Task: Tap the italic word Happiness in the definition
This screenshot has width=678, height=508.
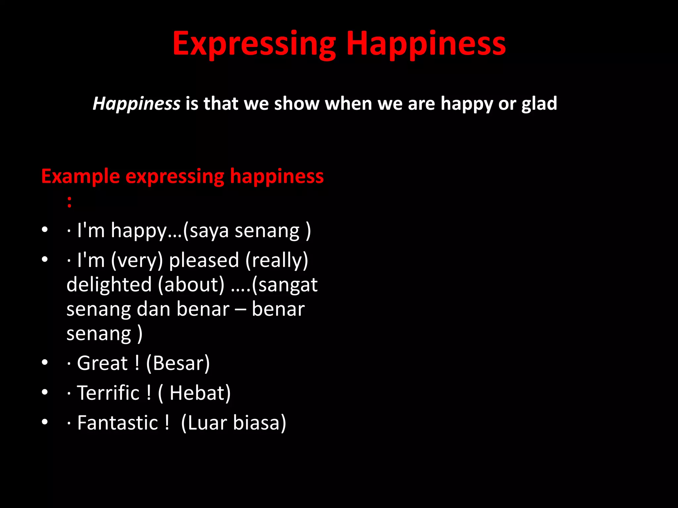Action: (136, 104)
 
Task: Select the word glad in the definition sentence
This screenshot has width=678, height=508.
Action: (539, 104)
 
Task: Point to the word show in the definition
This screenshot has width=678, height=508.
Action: (297, 104)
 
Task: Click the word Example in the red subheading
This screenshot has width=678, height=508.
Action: (80, 176)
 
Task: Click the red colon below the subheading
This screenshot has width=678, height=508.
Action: (69, 201)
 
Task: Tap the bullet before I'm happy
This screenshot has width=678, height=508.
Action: (45, 229)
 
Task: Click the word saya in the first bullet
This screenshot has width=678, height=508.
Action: (209, 231)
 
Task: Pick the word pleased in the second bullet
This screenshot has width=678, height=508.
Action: (204, 260)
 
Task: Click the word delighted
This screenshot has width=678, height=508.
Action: (109, 284)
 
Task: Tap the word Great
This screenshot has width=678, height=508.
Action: (102, 363)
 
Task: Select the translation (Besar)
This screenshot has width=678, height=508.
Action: (178, 363)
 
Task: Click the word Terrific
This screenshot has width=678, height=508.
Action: (108, 393)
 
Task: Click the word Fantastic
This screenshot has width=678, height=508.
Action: (118, 423)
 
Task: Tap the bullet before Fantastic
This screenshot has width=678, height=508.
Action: (45, 422)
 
